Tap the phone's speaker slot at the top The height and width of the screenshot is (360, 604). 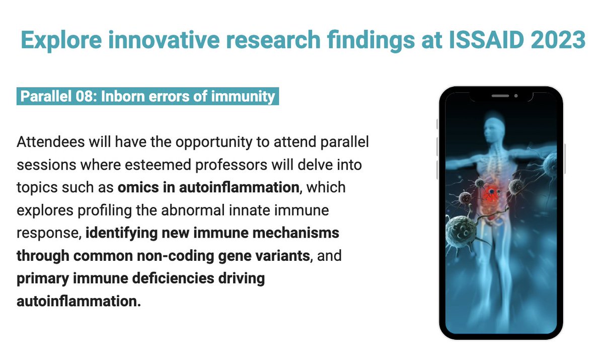click(500, 96)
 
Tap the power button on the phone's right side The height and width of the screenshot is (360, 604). click(565, 159)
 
